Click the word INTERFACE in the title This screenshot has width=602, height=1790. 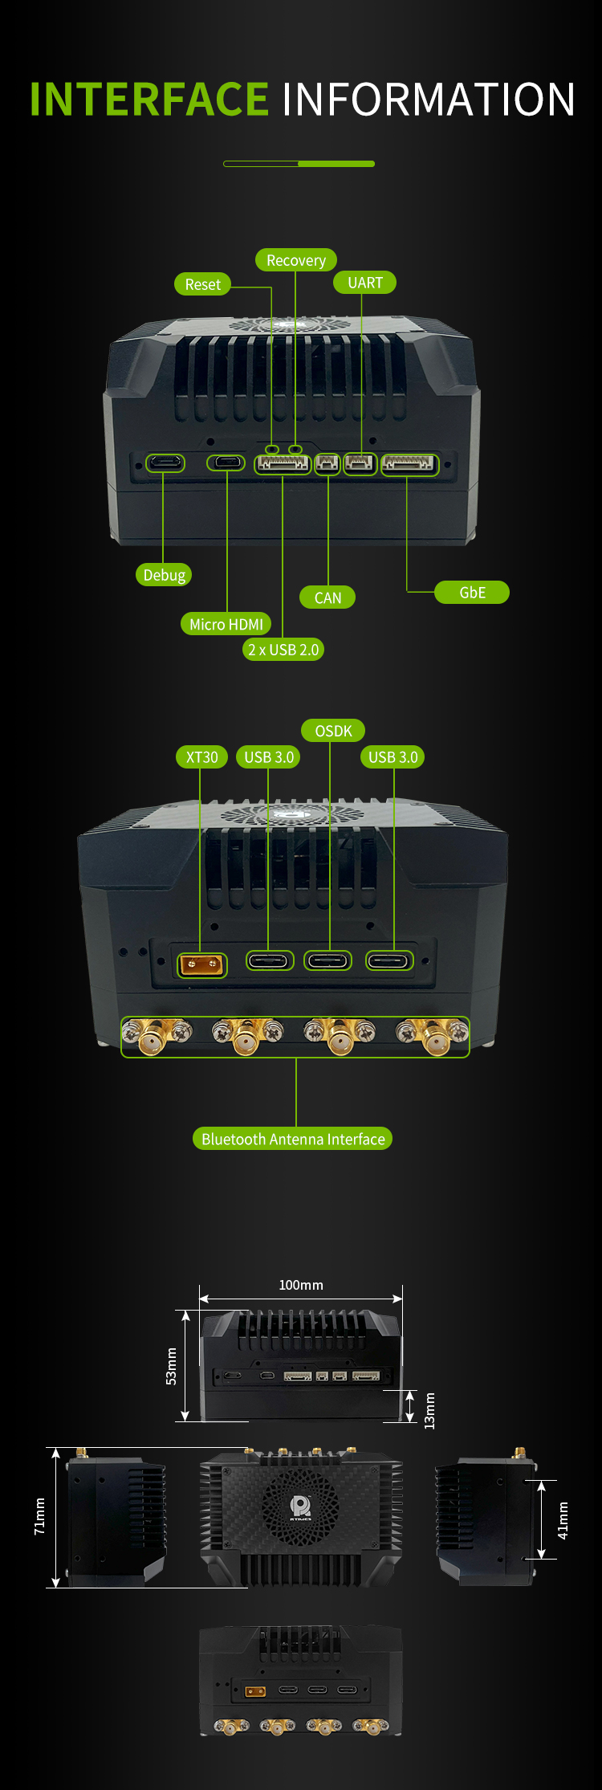click(x=149, y=100)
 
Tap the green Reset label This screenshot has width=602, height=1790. click(x=202, y=284)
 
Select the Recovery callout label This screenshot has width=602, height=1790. click(x=296, y=260)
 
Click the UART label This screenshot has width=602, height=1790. click(x=365, y=283)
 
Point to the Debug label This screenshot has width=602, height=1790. click(x=164, y=575)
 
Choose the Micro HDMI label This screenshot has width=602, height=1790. click(x=226, y=624)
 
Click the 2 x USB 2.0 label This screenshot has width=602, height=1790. click(x=283, y=650)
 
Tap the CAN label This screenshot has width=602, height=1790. click(x=327, y=597)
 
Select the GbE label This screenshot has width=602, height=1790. click(x=472, y=593)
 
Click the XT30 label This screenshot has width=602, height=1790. click(x=202, y=757)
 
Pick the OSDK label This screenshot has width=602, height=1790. click(x=333, y=731)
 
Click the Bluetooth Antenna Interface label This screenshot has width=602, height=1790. click(x=293, y=1139)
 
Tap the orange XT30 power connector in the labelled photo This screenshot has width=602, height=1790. click(x=202, y=964)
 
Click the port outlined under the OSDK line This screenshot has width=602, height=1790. click(x=328, y=960)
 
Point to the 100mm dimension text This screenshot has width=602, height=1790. click(x=301, y=1285)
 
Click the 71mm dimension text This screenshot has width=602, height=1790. click(x=39, y=1516)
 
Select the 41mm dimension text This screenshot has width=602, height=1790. click(x=563, y=1520)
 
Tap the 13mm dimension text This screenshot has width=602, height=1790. click(x=429, y=1411)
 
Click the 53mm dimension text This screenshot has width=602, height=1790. click(x=171, y=1366)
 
